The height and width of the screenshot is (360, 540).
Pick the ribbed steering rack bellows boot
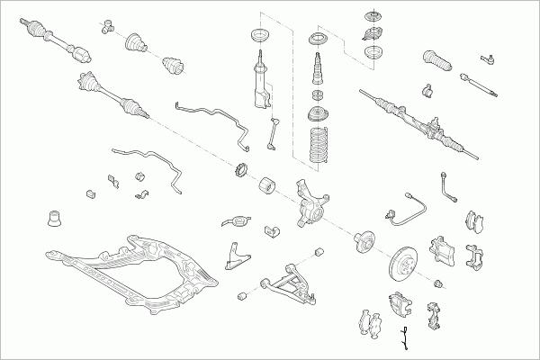pyautogui.click(x=436, y=67)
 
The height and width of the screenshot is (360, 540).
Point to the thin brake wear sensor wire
pyautogui.click(x=404, y=339)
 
